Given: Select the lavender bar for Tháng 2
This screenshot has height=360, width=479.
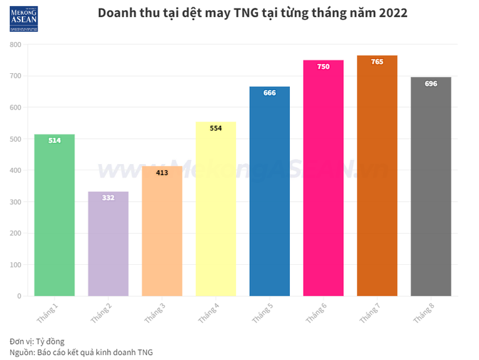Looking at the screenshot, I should tap(108, 244).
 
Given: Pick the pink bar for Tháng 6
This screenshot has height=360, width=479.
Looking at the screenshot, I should tap(324, 178).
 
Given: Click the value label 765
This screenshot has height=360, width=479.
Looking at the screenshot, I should tap(377, 62).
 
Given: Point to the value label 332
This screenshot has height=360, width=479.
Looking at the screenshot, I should tap(108, 198).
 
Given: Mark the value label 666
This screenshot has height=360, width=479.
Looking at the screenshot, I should tap(269, 93).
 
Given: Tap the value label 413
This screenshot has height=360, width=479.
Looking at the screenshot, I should tap(162, 173).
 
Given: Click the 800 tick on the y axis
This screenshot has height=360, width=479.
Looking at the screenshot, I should tap(15, 45).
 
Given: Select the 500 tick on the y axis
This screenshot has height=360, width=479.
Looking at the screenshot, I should tap(15, 139).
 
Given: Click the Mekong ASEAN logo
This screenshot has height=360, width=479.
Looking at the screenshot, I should tap(24, 19).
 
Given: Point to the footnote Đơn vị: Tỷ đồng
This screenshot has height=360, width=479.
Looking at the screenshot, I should tap(37, 341).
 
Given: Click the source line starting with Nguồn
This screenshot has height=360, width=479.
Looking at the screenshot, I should tap(81, 352).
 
